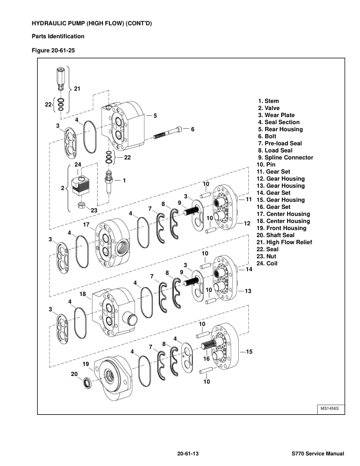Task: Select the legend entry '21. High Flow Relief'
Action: click(284, 242)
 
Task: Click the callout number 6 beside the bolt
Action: click(192, 128)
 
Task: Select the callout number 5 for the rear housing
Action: click(155, 115)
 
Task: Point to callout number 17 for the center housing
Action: click(86, 224)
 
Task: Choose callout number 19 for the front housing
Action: click(85, 364)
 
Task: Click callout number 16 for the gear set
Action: click(206, 358)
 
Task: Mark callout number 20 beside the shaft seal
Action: click(74, 374)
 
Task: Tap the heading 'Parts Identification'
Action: click(58, 36)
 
